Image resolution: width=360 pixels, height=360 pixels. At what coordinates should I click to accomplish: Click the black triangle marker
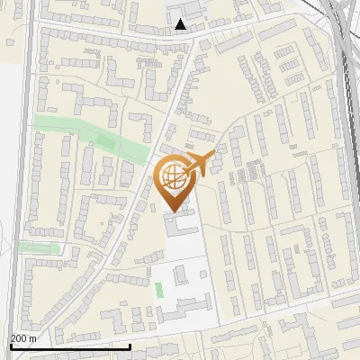182,24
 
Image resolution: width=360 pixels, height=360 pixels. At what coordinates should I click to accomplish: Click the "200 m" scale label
23,337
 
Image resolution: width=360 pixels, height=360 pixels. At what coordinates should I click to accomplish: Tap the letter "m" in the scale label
33,337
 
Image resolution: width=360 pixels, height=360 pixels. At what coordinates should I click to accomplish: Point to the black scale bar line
70,346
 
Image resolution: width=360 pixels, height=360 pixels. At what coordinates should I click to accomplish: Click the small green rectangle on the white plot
159,290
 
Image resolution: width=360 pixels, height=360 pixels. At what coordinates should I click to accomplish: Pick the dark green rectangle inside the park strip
106,141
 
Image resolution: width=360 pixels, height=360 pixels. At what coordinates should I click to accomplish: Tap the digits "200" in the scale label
18,337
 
